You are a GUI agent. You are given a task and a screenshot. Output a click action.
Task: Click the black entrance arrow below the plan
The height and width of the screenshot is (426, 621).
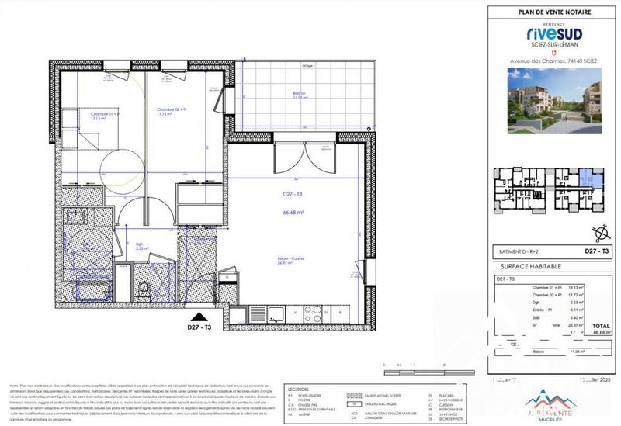click(199, 317)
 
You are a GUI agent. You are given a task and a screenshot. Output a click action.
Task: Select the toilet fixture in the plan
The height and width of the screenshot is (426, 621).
click(144, 289)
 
